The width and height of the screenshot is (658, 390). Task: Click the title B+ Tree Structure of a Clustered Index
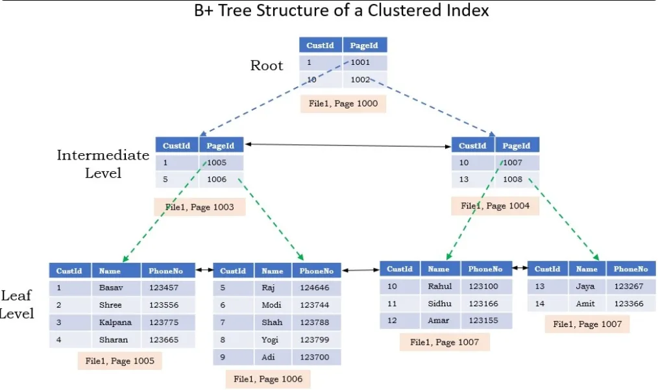(x=341, y=10)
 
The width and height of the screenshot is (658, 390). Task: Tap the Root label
(x=267, y=66)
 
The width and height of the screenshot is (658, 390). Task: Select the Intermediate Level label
(x=103, y=164)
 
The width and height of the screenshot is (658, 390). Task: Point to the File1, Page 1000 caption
(x=343, y=104)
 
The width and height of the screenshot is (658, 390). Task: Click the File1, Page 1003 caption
(x=200, y=207)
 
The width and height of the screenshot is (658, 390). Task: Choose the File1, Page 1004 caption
(x=495, y=206)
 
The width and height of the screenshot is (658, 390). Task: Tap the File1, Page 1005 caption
(x=119, y=361)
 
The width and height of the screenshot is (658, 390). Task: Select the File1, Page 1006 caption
(x=268, y=379)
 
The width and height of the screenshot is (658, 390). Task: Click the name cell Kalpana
(x=116, y=323)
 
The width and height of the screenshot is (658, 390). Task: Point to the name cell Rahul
(x=440, y=286)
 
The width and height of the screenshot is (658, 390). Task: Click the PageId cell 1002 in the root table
(x=365, y=80)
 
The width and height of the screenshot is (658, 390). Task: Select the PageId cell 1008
(x=517, y=179)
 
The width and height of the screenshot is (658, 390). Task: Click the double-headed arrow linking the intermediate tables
(x=348, y=145)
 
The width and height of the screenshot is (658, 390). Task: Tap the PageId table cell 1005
(x=221, y=162)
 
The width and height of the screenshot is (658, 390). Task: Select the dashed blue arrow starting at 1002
(x=432, y=107)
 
